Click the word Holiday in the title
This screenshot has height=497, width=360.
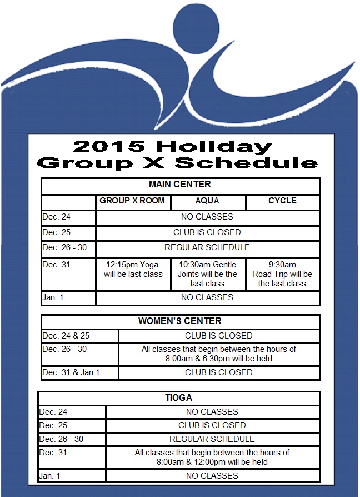point(214,146)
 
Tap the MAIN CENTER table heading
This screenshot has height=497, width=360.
point(180,185)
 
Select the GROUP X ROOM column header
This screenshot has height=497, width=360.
point(133,201)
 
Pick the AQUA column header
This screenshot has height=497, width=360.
point(207,201)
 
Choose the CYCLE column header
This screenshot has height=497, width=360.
point(282,201)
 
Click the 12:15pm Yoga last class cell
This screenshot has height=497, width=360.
point(133,270)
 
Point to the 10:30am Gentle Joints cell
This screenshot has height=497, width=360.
point(207,274)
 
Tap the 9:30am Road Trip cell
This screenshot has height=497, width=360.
point(282,274)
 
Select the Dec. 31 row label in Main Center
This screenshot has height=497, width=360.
point(57,265)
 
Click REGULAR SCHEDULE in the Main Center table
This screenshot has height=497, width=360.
point(207,247)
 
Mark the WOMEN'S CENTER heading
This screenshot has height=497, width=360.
point(180,321)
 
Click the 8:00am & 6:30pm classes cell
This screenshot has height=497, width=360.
point(219,354)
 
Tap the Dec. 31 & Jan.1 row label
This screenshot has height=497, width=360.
point(71,372)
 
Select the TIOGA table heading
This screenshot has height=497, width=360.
point(179,398)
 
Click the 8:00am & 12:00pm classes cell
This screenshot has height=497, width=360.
point(212,457)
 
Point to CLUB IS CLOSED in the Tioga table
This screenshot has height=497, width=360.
point(212,425)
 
